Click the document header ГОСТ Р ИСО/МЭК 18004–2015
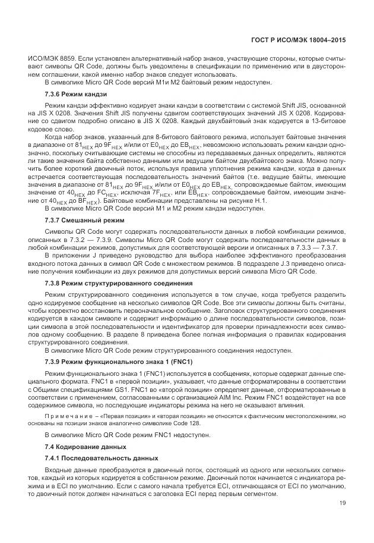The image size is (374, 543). [x=298, y=40]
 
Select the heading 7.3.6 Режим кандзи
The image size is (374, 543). [x=76, y=95]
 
